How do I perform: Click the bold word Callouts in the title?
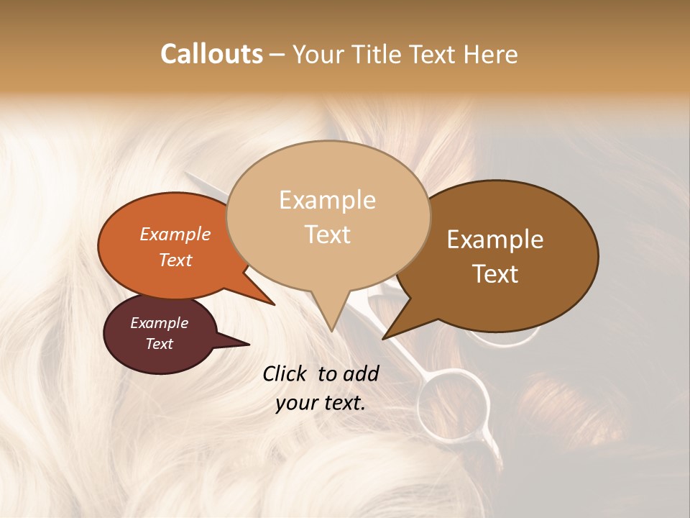pyautogui.click(x=211, y=54)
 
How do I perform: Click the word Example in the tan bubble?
pyautogui.click(x=327, y=200)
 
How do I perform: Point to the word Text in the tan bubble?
pyautogui.click(x=327, y=235)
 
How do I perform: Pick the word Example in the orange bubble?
pyautogui.click(x=175, y=234)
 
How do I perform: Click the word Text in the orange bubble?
pyautogui.click(x=175, y=260)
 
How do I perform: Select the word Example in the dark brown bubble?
pyautogui.click(x=495, y=240)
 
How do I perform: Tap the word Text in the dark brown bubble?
pyautogui.click(x=495, y=273)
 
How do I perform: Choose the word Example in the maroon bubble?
pyautogui.click(x=160, y=323)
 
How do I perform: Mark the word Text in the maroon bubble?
pyautogui.click(x=160, y=344)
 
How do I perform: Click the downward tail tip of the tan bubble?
pyautogui.click(x=331, y=330)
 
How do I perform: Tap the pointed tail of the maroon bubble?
pyautogui.click(x=248, y=344)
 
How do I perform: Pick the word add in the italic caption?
pyautogui.click(x=361, y=373)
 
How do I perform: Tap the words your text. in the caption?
pyautogui.click(x=321, y=403)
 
